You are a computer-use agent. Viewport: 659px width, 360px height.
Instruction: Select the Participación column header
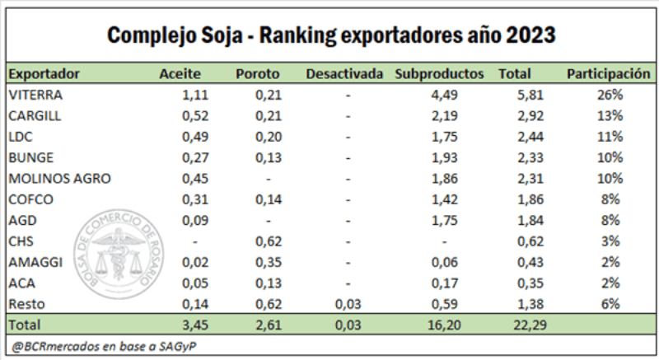click(x=609, y=74)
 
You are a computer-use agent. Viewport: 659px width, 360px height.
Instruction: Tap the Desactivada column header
click(x=344, y=74)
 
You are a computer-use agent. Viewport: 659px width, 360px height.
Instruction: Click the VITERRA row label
click(x=35, y=95)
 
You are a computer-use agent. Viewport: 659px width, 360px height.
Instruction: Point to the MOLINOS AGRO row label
click(x=58, y=179)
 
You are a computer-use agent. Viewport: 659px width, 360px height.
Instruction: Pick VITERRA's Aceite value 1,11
click(x=194, y=95)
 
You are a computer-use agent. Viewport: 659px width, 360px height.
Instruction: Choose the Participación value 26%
click(x=610, y=95)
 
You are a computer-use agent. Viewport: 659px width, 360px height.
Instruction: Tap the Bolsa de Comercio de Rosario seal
click(x=119, y=251)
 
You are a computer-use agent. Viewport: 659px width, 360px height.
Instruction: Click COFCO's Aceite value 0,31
click(x=194, y=199)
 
